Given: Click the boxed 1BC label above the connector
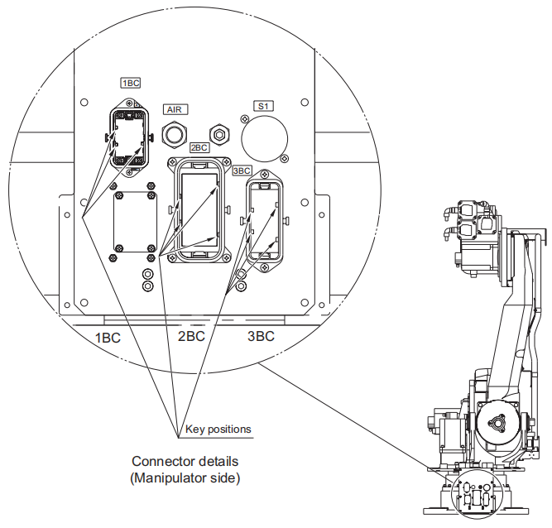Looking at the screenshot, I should [132, 83].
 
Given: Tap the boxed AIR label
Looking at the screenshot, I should [175, 109].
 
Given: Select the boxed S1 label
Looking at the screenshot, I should [264, 106].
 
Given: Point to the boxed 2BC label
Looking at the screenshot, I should [199, 147].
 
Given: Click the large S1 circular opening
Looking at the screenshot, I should [264, 134].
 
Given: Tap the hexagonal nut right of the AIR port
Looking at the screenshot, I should [220, 132].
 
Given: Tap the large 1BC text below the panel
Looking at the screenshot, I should [108, 337].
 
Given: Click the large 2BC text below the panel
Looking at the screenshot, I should [191, 337].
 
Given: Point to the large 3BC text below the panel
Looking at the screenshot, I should [262, 337].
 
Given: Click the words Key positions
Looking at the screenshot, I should [218, 429].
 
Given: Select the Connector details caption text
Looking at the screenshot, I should [185, 461].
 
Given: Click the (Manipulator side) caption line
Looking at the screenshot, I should [185, 478].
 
